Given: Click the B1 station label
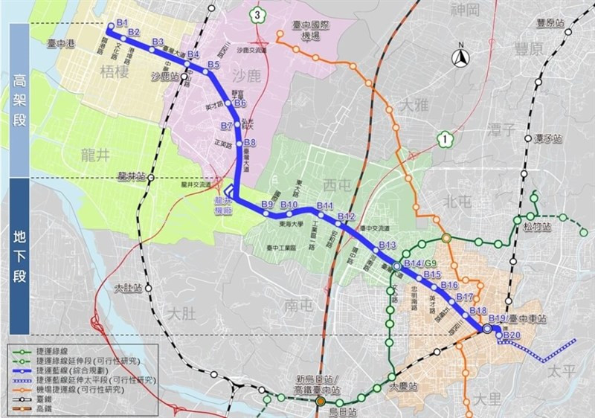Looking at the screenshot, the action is pyautogui.click(x=123, y=22).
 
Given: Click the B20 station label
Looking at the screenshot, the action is pyautogui.click(x=512, y=335).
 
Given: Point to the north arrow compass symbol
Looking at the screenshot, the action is pyautogui.click(x=461, y=56).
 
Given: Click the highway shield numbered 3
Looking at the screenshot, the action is pyautogui.click(x=256, y=14).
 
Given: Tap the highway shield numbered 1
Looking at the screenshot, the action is pyautogui.click(x=444, y=137).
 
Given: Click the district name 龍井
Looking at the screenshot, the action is pyautogui.click(x=96, y=154).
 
